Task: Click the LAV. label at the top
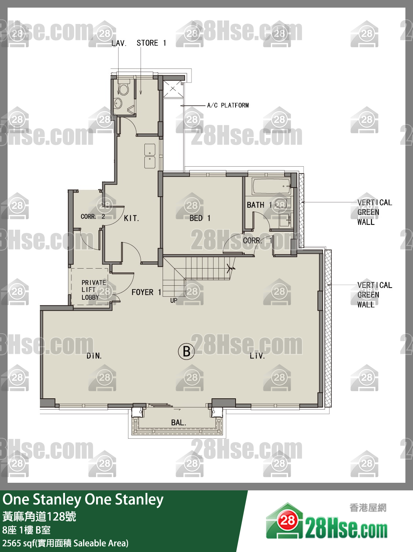119,43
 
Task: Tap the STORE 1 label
151,43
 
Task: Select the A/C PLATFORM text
228,105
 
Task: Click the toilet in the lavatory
123,87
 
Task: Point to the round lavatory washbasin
118,103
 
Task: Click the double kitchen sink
150,156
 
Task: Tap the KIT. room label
131,218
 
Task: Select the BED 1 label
200,218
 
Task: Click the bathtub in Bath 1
271,186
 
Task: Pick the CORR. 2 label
93,216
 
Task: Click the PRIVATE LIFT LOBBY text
93,290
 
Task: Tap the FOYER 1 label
146,292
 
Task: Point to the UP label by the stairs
174,301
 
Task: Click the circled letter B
186,351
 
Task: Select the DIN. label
94,356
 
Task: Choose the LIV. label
257,356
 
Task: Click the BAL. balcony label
179,423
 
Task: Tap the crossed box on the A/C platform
173,89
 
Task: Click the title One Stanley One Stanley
83,500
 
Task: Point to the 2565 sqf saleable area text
65,543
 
